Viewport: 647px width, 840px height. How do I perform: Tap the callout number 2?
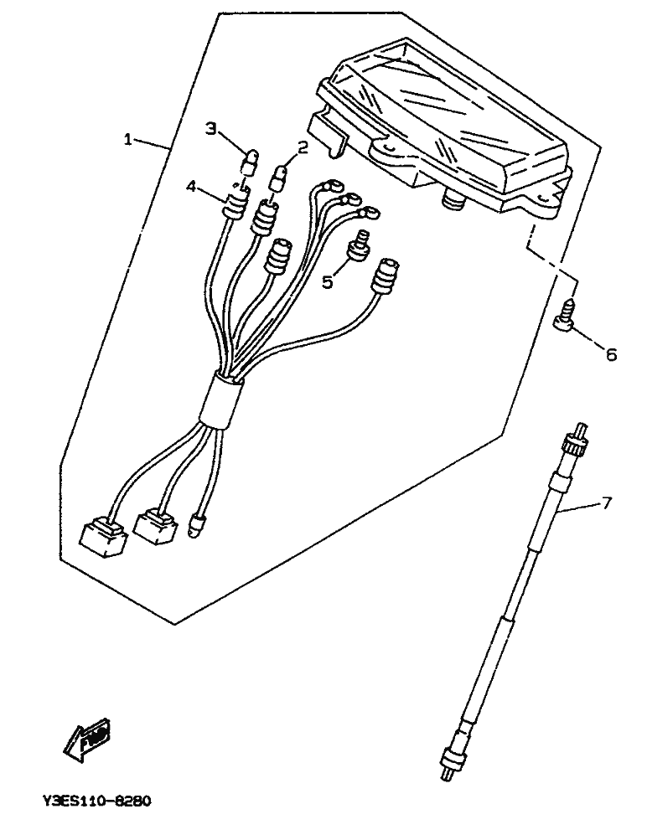(x=303, y=148)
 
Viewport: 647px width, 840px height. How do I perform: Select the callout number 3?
(x=211, y=128)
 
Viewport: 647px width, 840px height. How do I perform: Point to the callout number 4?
(x=191, y=188)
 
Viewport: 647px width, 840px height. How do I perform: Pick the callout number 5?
(x=328, y=281)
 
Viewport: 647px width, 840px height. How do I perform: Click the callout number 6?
(x=611, y=355)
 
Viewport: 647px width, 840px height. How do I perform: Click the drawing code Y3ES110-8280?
(x=96, y=801)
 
